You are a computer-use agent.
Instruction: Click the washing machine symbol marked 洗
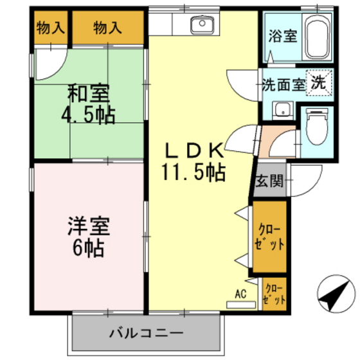[x=318, y=82]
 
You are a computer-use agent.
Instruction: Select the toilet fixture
[x=316, y=125]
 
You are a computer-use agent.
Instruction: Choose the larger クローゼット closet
[x=270, y=237]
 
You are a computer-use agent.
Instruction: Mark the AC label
[x=240, y=294]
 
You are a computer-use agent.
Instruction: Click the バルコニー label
[x=147, y=333]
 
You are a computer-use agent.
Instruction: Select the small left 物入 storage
[x=50, y=28]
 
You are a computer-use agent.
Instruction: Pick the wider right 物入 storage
[x=107, y=28]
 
